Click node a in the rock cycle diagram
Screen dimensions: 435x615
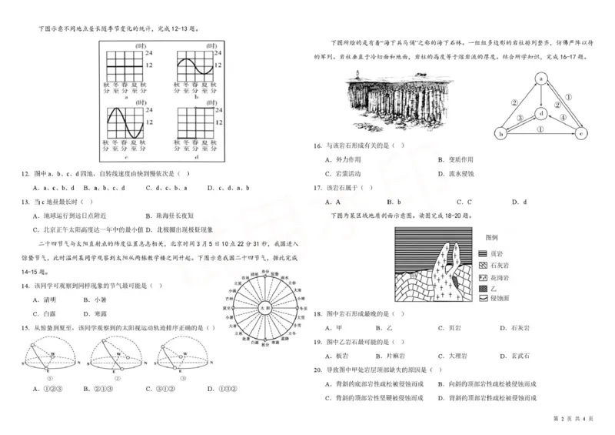coord(541,78)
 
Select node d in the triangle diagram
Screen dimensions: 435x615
coord(541,112)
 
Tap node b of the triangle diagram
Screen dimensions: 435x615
coord(501,132)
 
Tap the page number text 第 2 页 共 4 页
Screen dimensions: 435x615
coord(574,418)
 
